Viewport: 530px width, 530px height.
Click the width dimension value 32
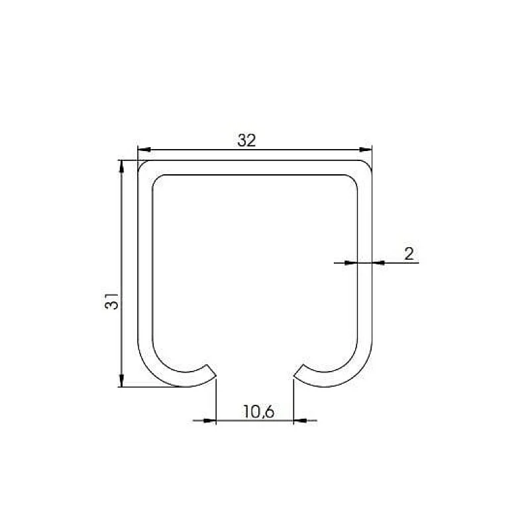(x=246, y=140)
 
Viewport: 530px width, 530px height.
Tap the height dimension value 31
(x=112, y=301)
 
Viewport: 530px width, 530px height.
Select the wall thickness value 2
(x=408, y=252)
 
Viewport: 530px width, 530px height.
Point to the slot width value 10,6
(x=258, y=411)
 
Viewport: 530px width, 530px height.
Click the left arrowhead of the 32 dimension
(x=142, y=149)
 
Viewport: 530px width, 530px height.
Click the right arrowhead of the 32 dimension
(x=366, y=149)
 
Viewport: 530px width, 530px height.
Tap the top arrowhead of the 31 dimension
(x=121, y=166)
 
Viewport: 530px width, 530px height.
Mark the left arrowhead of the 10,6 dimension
(x=211, y=419)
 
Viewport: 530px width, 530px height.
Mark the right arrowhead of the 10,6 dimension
(x=299, y=419)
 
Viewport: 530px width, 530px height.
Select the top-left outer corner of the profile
(x=140, y=162)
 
